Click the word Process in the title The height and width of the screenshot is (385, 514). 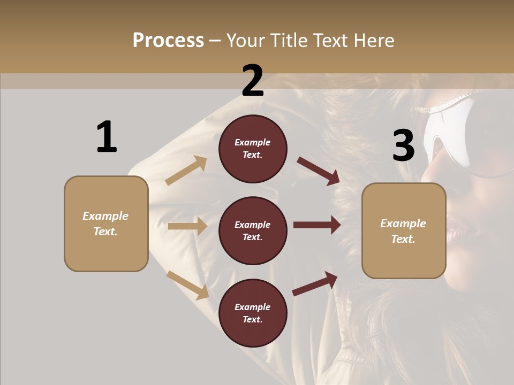pos(168,41)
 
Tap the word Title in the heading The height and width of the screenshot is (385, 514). pos(288,41)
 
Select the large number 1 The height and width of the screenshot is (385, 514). pos(107,137)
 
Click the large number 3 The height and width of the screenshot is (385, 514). pos(403,145)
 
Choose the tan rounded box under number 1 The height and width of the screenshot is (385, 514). pos(106,224)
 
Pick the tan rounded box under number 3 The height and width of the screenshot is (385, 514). pos(404,231)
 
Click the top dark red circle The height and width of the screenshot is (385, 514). pos(253,149)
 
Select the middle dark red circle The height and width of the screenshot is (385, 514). pos(253,231)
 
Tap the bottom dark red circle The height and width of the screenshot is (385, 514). pos(253,313)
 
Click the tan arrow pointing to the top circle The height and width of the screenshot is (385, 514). pos(186,171)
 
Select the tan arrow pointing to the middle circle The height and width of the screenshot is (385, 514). pos(187,226)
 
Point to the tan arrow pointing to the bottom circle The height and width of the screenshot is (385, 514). pos(187,285)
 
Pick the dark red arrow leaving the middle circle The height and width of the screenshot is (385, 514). pos(317,225)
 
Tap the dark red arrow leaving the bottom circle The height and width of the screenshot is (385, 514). pos(315,284)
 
